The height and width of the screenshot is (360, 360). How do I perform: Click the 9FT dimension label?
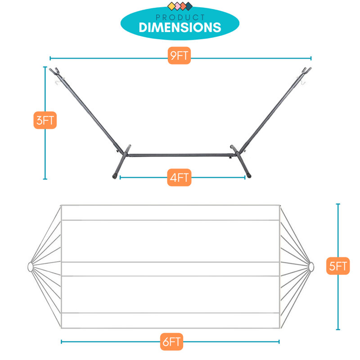coord(179,55)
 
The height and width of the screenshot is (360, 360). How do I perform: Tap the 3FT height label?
coord(45,120)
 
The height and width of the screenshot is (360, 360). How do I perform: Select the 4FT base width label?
coord(179,177)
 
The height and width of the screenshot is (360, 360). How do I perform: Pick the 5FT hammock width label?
coord(338,266)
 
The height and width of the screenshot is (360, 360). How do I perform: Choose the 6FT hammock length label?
coord(171,342)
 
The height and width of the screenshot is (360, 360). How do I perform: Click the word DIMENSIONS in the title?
coord(180,27)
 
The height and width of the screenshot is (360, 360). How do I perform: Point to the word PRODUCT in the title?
coord(180,18)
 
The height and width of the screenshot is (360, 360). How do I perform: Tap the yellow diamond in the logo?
coord(171,6)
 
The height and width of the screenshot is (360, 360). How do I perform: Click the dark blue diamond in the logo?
coord(189,6)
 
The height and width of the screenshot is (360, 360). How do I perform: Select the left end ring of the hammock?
coord(30,267)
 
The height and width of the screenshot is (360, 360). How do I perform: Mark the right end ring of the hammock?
coord(311,267)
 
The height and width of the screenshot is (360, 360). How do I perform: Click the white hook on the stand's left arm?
coord(58,82)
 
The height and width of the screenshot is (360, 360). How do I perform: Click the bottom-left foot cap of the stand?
coord(114,176)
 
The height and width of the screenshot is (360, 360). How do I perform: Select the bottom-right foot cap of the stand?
coord(248,176)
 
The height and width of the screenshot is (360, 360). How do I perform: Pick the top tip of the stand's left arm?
coord(50,69)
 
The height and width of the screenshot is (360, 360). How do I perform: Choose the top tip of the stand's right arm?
coord(310,68)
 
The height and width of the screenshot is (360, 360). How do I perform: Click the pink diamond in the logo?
coord(177,6)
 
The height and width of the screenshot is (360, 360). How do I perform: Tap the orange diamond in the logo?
coord(183,6)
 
